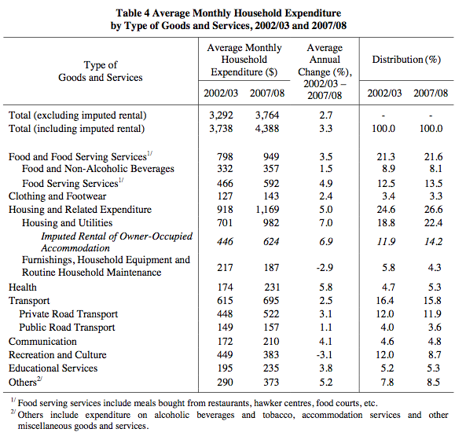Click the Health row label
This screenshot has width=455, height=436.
pyautogui.click(x=23, y=288)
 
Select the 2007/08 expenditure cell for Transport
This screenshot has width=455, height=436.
pyautogui.click(x=271, y=301)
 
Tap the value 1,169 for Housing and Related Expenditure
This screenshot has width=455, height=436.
pyautogui.click(x=267, y=210)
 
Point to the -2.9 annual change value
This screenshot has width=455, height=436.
pyautogui.click(x=325, y=267)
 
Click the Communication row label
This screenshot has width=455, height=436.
pyautogui.click(x=42, y=342)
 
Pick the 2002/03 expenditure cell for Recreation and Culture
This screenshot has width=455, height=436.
pyautogui.click(x=225, y=354)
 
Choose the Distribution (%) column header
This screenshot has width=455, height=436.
pyautogui.click(x=406, y=60)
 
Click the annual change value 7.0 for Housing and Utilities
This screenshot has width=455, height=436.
pyautogui.click(x=326, y=223)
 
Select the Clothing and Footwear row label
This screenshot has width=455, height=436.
pyautogui.click(x=57, y=196)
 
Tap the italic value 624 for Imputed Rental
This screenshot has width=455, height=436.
pyautogui.click(x=271, y=242)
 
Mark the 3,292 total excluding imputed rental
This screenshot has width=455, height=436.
pyautogui.click(x=221, y=115)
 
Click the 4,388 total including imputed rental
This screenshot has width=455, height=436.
pyautogui.click(x=267, y=129)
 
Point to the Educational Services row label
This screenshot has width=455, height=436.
pyautogui.click(x=53, y=368)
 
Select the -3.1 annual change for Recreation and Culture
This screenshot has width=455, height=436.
pyautogui.click(x=325, y=354)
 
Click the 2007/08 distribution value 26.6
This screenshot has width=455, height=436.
pyautogui.click(x=433, y=210)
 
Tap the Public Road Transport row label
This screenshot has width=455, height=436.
pyautogui.click(x=67, y=328)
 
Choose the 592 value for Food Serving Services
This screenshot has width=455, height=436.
pyautogui.click(x=271, y=183)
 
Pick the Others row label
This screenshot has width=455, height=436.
pyautogui.click(x=25, y=382)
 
